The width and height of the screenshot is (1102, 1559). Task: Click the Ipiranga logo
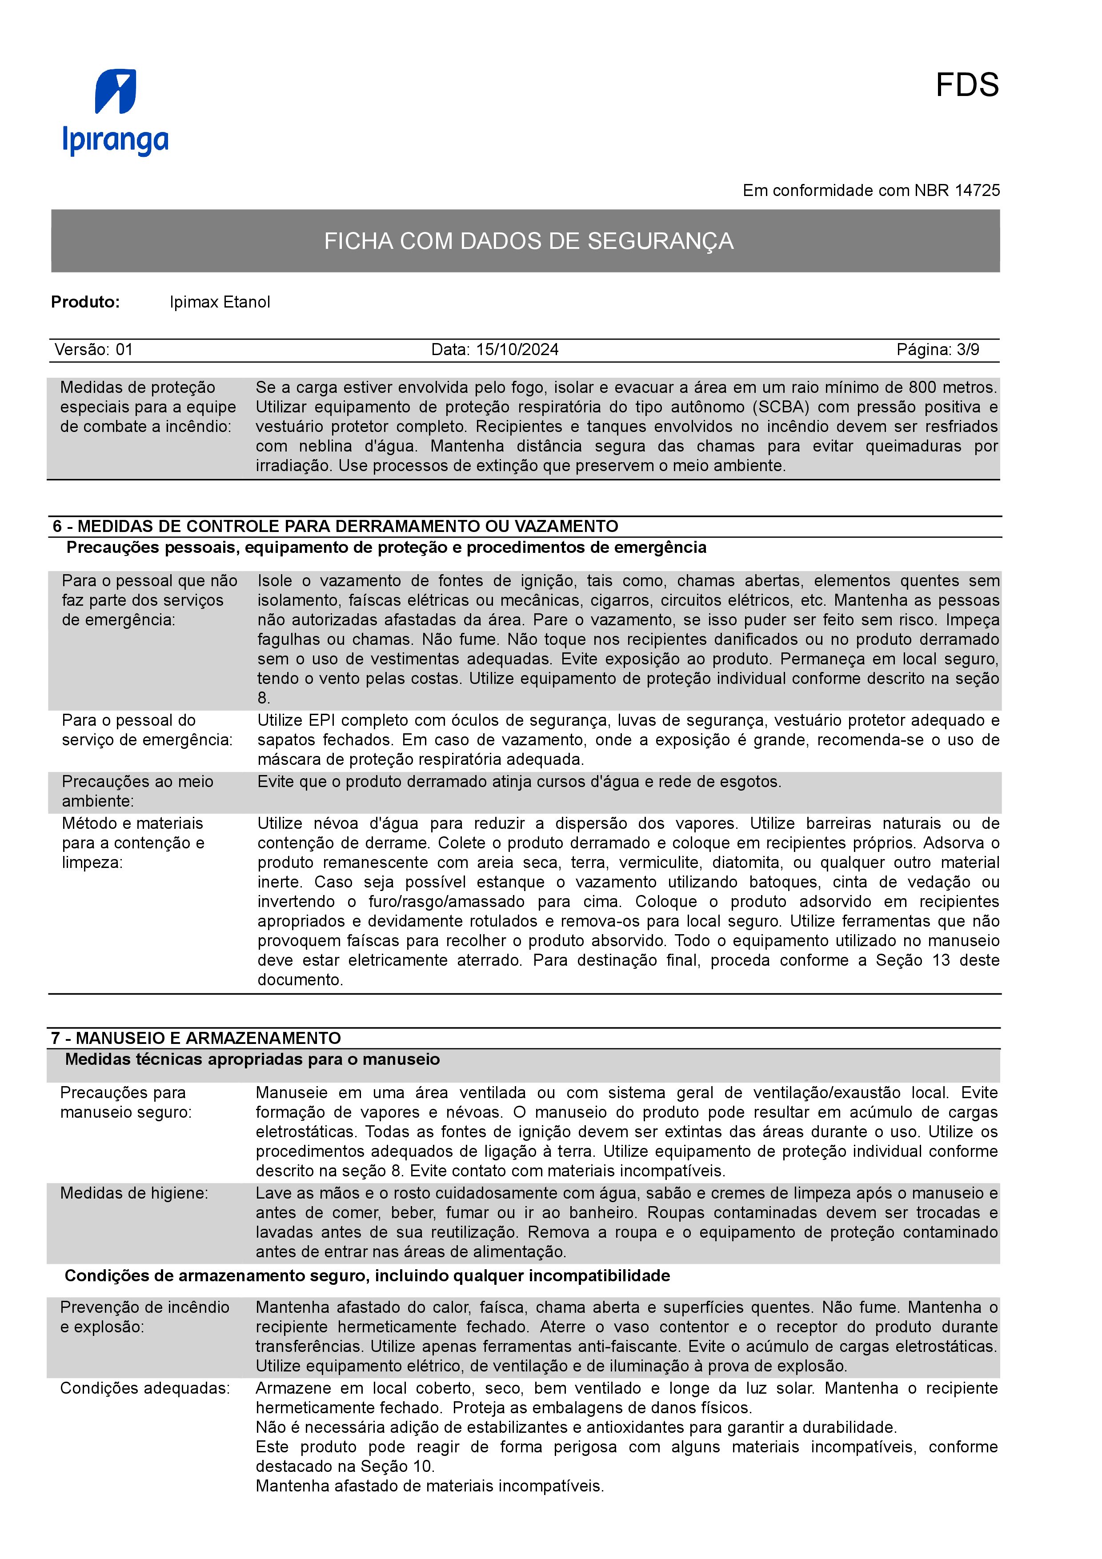116,112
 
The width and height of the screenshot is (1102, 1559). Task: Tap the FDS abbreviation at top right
966,86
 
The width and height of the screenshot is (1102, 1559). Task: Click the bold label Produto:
85,302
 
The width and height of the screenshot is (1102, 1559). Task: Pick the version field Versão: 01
94,350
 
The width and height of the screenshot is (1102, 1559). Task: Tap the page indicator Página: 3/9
937,350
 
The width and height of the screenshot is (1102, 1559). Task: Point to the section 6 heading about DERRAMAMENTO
336,526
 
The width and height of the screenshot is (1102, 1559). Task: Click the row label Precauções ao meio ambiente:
137,791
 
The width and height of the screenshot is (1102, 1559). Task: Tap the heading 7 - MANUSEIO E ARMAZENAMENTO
196,1038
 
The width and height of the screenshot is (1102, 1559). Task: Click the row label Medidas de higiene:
134,1193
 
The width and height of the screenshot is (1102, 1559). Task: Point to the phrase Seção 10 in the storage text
401,1466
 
